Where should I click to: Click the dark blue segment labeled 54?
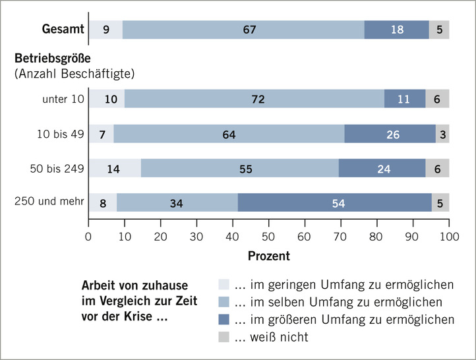coord(334,202)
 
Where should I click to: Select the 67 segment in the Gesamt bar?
coord(243,30)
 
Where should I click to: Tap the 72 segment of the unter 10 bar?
coord(254,99)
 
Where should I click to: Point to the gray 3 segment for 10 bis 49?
coord(442,134)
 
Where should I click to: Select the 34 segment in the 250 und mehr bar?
coord(177,202)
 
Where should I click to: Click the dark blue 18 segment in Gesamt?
coord(396,30)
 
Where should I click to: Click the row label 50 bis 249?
coord(57,168)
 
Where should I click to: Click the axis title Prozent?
coord(268,255)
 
